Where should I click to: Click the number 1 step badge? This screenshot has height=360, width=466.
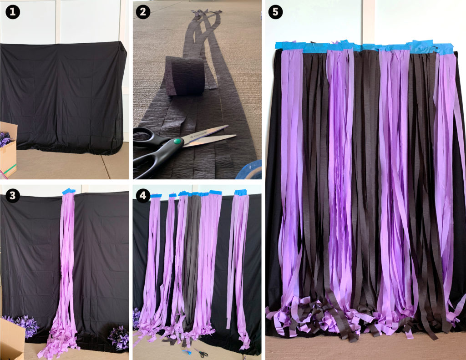[13, 13]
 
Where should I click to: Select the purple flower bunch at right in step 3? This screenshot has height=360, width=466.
[118, 337]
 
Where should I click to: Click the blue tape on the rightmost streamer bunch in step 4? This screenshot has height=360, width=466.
[240, 192]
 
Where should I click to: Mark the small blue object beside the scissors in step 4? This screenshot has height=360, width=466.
[187, 351]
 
